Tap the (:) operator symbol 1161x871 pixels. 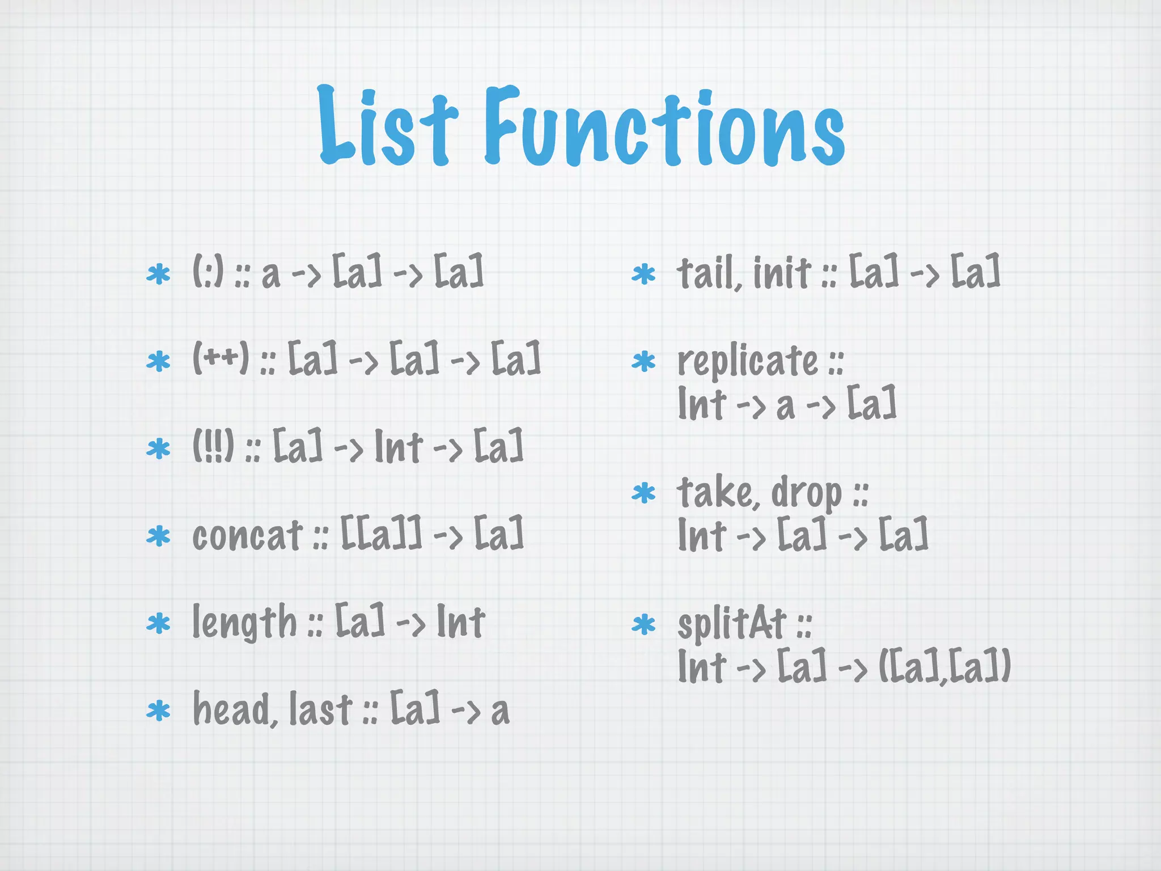(208, 272)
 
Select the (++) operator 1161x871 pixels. (221, 359)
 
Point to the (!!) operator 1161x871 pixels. (213, 446)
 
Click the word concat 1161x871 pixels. (247, 535)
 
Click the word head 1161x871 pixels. (234, 709)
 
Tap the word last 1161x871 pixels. (320, 709)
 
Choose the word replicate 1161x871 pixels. (748, 361)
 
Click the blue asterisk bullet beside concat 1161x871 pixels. (158, 536)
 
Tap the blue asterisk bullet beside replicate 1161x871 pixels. (643, 361)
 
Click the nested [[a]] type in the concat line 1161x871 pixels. (381, 535)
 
